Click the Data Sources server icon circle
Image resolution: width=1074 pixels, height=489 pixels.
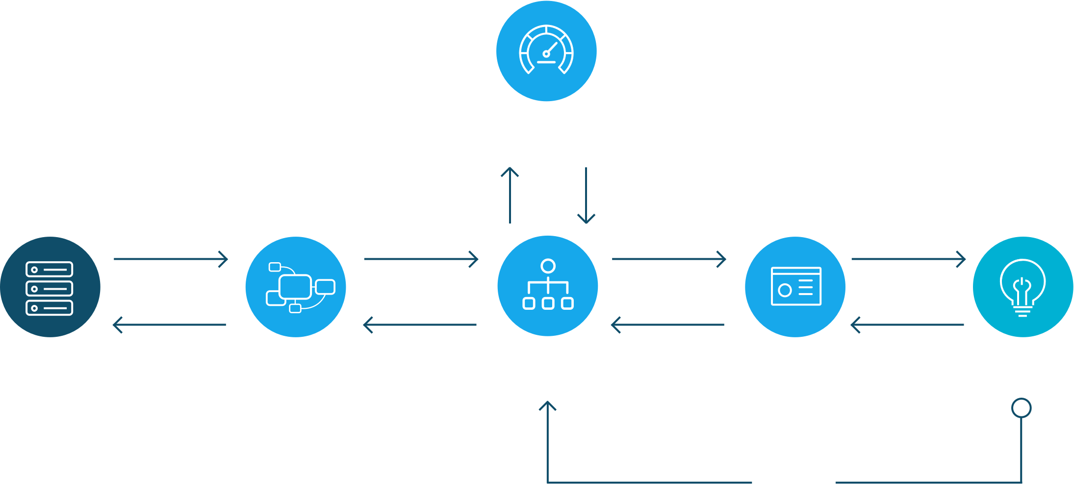tap(50, 287)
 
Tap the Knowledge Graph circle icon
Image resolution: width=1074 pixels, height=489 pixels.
tap(296, 287)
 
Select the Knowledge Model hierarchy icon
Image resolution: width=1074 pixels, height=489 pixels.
tap(548, 286)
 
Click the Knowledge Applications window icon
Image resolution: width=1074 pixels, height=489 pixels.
tap(795, 287)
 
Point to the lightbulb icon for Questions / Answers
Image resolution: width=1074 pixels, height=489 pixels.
tap(1023, 287)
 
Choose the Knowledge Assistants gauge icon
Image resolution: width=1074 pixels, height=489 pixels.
tap(546, 51)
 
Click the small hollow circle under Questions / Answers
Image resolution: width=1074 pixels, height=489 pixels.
tap(1022, 408)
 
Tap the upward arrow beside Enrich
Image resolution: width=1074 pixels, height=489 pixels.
tap(510, 195)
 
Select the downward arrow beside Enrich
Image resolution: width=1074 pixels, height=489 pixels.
tap(586, 195)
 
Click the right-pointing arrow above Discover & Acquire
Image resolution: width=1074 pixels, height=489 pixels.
tap(171, 259)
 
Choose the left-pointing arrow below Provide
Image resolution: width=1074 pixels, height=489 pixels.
tap(907, 325)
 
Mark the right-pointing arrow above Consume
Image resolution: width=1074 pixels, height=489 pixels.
tap(669, 259)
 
